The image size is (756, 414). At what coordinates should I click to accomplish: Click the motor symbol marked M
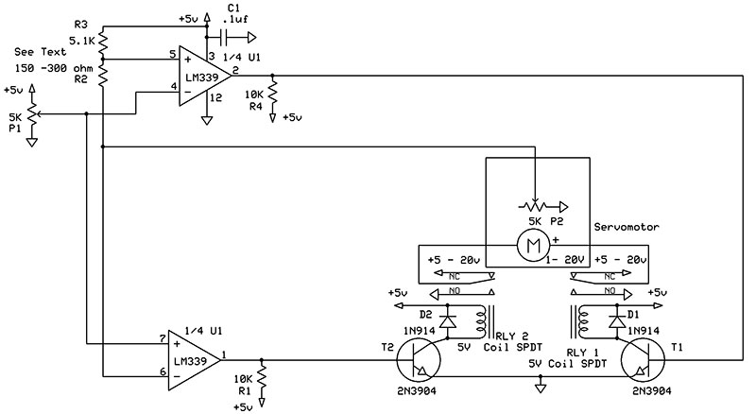click(533, 246)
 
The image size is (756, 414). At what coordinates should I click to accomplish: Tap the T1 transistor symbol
click(643, 360)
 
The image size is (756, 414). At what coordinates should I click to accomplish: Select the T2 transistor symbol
click(419, 360)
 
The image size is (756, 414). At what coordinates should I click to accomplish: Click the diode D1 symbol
click(616, 320)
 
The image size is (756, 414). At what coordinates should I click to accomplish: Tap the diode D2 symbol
click(448, 320)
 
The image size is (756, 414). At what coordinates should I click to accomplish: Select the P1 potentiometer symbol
click(32, 114)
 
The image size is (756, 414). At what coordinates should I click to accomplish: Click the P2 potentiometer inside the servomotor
click(535, 206)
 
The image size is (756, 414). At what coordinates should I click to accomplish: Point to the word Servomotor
click(627, 227)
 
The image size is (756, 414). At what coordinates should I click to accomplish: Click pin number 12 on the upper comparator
click(216, 98)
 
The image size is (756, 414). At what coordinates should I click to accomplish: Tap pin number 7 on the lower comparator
click(163, 339)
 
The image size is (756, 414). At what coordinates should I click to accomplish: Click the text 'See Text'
click(40, 52)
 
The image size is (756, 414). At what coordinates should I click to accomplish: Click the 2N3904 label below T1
click(652, 391)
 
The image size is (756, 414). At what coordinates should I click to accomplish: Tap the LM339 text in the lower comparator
click(190, 361)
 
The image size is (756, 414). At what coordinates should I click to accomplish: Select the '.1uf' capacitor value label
click(235, 19)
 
